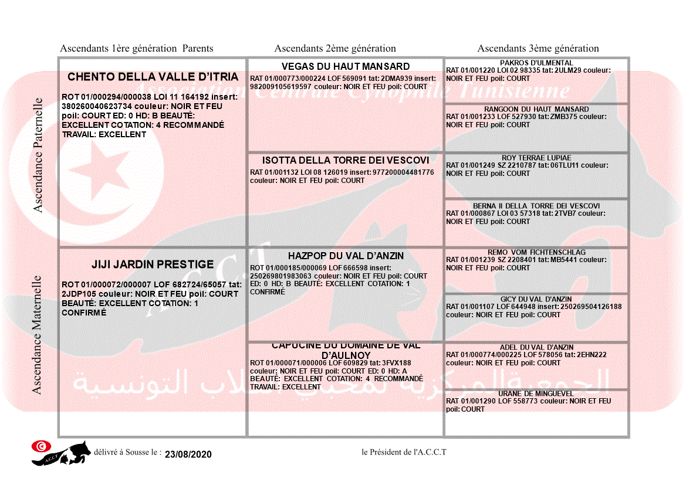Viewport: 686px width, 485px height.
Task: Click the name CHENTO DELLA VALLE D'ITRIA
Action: [x=153, y=77]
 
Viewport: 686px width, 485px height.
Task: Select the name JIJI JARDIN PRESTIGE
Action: [x=153, y=264]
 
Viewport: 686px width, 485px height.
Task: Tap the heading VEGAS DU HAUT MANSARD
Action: [x=345, y=66]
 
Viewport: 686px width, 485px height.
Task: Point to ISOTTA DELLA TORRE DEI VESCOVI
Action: [x=345, y=160]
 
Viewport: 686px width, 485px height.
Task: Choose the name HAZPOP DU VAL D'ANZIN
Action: [x=346, y=256]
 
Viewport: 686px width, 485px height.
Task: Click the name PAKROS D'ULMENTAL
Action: [x=536, y=63]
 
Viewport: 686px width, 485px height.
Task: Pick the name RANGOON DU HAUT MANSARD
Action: [x=536, y=109]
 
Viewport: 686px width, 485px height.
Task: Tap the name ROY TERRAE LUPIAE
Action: [x=536, y=158]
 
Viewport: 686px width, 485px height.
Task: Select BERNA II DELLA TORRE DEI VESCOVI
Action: [x=536, y=206]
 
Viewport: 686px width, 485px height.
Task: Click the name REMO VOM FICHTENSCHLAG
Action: [x=536, y=252]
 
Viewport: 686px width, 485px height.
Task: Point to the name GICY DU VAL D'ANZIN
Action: [x=536, y=299]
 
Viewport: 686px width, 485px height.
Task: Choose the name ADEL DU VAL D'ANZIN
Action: [x=536, y=347]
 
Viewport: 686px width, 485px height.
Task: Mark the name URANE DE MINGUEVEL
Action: [x=536, y=394]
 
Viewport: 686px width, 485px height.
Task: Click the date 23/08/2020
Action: [x=188, y=455]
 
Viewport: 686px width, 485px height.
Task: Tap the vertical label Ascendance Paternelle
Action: [x=38, y=155]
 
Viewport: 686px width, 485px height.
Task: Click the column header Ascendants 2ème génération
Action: [x=335, y=49]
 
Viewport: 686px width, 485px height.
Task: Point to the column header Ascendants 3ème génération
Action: [x=538, y=49]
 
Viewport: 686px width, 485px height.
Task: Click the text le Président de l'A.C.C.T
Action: [x=404, y=452]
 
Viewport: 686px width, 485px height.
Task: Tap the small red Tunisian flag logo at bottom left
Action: [x=41, y=446]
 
